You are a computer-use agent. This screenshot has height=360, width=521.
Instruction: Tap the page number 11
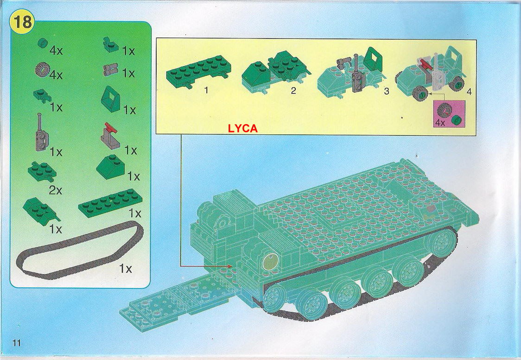coord(17,343)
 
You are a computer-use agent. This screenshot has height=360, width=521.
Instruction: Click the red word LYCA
coord(242,128)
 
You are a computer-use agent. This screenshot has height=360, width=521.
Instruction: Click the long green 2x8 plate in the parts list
coord(111,202)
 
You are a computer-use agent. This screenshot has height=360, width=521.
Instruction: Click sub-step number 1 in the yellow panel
coord(206,90)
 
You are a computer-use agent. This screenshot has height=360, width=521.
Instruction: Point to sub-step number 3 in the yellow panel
coord(386,91)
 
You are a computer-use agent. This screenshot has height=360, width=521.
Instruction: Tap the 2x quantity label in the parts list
coord(56,190)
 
